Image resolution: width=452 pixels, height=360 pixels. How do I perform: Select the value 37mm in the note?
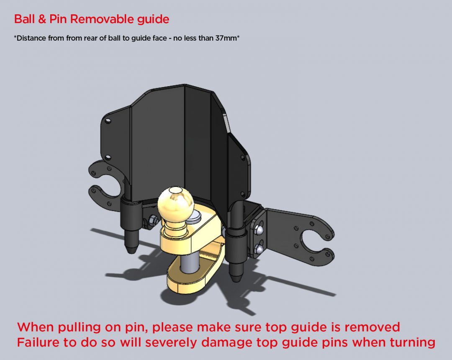click(x=226, y=39)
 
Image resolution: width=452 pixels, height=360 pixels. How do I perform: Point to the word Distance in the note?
click(x=31, y=39)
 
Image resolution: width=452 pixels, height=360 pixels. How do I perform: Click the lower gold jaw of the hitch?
click(x=188, y=280)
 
